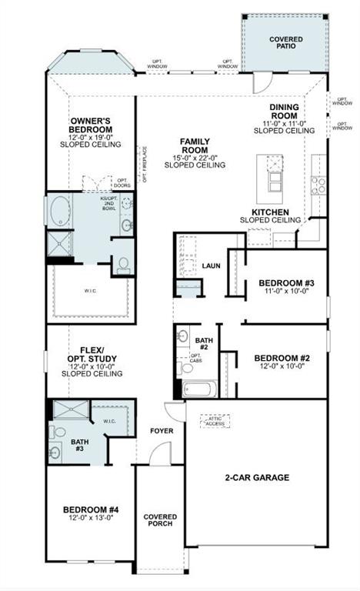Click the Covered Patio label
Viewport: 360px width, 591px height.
[x=285, y=44]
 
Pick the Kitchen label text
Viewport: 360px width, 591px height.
[x=270, y=212]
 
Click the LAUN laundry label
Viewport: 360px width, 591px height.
[x=211, y=265]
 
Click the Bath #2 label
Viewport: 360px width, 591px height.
[x=203, y=344]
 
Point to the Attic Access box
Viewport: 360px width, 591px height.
[x=215, y=421]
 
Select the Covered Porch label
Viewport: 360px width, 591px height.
[x=159, y=521]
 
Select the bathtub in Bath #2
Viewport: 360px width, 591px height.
[x=199, y=389]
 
